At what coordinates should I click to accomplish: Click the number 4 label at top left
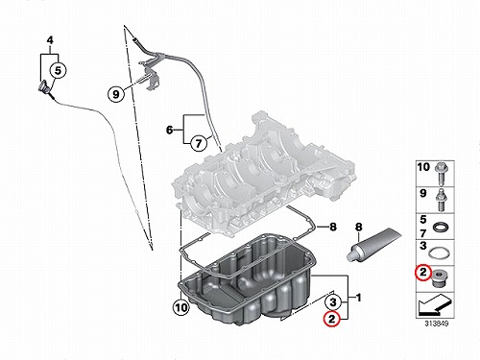[50, 40]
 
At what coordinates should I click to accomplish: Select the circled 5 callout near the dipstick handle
[58, 70]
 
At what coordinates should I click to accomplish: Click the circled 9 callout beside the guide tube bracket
[115, 94]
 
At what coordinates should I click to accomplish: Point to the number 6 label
[170, 130]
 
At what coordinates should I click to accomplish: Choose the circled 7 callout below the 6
[199, 143]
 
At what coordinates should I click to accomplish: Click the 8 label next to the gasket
[333, 227]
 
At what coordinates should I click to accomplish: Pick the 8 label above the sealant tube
[359, 228]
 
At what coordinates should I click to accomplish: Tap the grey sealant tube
[373, 245]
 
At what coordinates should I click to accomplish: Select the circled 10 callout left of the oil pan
[181, 308]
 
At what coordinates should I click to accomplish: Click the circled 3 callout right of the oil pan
[333, 301]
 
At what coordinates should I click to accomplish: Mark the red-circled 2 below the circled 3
[331, 319]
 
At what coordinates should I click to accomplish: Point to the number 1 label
[359, 298]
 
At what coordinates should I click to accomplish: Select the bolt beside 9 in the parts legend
[442, 200]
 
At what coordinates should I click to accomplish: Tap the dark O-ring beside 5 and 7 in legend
[441, 228]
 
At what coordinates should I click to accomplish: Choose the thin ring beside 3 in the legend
[439, 252]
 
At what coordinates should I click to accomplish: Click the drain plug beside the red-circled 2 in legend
[441, 278]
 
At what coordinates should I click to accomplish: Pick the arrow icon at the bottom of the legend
[434, 305]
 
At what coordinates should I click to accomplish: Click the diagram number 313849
[437, 324]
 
